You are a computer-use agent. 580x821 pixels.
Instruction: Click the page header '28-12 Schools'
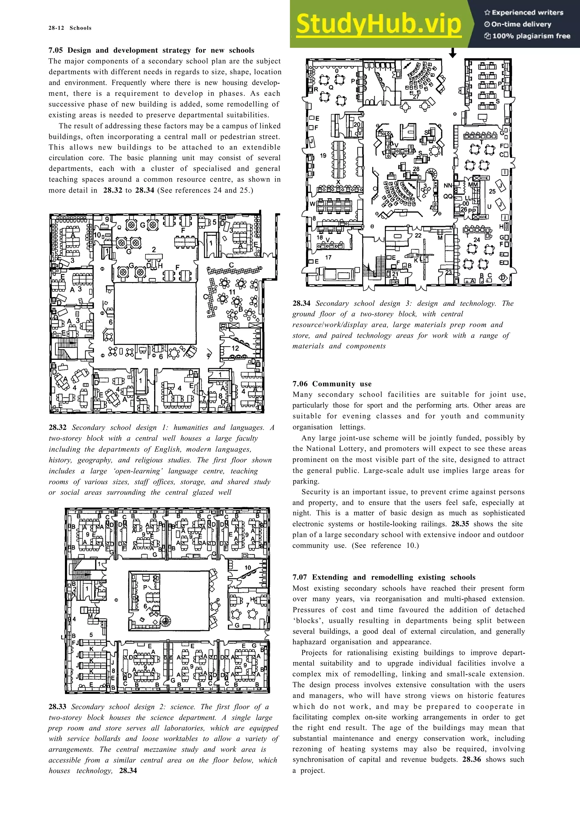point(70,28)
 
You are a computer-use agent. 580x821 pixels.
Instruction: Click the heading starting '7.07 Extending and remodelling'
point(384,577)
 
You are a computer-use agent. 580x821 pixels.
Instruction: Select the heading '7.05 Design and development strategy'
point(152,50)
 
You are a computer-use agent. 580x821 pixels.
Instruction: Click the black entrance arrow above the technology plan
point(453,53)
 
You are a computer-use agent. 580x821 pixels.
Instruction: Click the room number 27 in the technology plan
point(416,97)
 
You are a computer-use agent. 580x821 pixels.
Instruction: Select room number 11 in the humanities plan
point(232,292)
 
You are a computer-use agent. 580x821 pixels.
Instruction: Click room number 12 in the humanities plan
point(235,348)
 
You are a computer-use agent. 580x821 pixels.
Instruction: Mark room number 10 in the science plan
point(248,567)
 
